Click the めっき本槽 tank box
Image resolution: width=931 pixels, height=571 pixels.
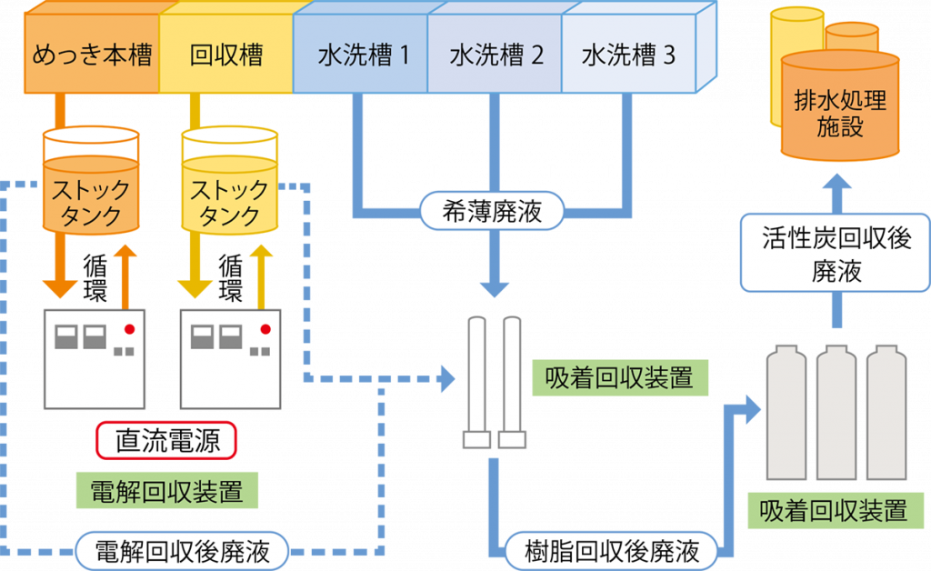[91, 56]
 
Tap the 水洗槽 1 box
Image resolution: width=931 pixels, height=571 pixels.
[362, 56]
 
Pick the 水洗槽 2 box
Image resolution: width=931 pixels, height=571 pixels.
[496, 56]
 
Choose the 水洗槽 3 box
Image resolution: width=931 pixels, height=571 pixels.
[628, 56]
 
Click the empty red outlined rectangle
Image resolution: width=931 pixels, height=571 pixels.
[166, 440]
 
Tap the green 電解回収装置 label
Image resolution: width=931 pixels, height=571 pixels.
[166, 491]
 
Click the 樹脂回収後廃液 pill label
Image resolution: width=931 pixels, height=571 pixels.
[612, 551]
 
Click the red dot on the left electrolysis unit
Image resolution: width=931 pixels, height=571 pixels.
[129, 328]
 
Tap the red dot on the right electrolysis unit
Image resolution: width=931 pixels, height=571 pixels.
[265, 328]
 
